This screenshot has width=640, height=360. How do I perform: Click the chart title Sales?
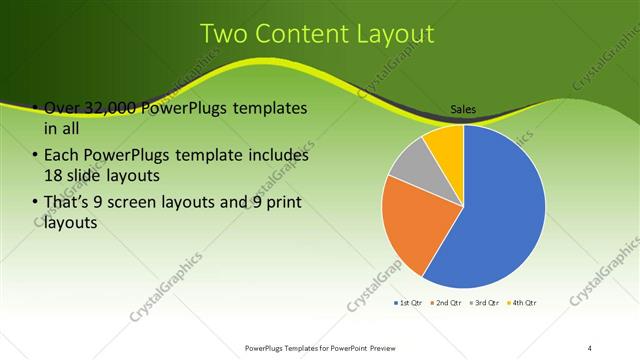pos(463,109)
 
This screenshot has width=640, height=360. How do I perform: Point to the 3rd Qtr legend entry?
pos(484,302)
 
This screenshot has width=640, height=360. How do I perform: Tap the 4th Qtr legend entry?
pos(522,302)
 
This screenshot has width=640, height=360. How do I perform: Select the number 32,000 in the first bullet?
pos(106,108)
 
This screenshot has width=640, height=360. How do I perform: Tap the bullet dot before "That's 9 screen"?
pos(36,204)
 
